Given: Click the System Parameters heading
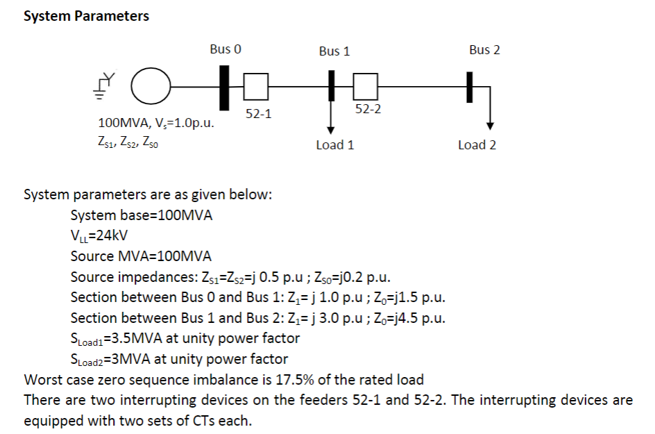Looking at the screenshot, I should coord(86,16).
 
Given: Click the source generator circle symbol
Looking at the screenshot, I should coord(151,87).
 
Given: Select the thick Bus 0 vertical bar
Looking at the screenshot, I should coord(224,87).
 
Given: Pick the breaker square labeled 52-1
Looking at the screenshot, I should coord(255,87).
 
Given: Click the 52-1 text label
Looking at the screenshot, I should coord(259,112).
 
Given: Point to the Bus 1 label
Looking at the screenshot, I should coord(334,51).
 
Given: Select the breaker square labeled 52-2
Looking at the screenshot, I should coord(365,87).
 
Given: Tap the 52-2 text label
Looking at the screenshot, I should coord(368,110).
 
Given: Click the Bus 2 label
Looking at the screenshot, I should coord(484,49).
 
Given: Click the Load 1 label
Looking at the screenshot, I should coord(334,145).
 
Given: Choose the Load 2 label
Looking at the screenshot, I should coord(477,145).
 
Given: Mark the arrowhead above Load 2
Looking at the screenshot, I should coord(491,126).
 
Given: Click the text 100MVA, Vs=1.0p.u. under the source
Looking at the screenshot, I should coord(156,124).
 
